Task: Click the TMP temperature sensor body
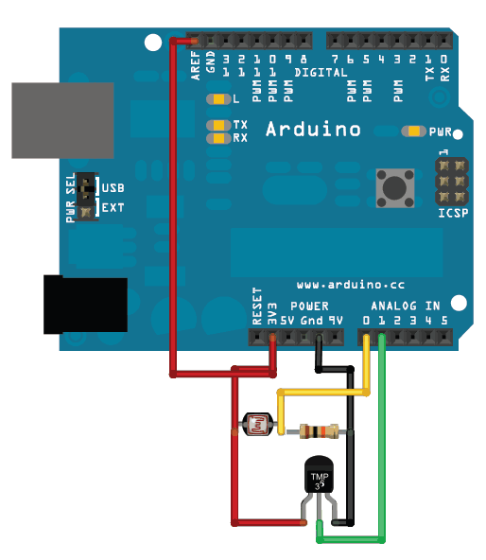tap(321, 477)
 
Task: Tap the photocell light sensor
tap(256, 425)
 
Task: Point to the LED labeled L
tap(220, 99)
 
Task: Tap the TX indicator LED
tap(220, 125)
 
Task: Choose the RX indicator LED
tap(220, 138)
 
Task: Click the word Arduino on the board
tap(312, 128)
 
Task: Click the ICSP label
tap(453, 214)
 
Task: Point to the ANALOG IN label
tap(406, 306)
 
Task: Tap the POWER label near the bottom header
tap(309, 306)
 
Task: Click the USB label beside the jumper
tap(113, 188)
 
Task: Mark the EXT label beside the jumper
tap(113, 206)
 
